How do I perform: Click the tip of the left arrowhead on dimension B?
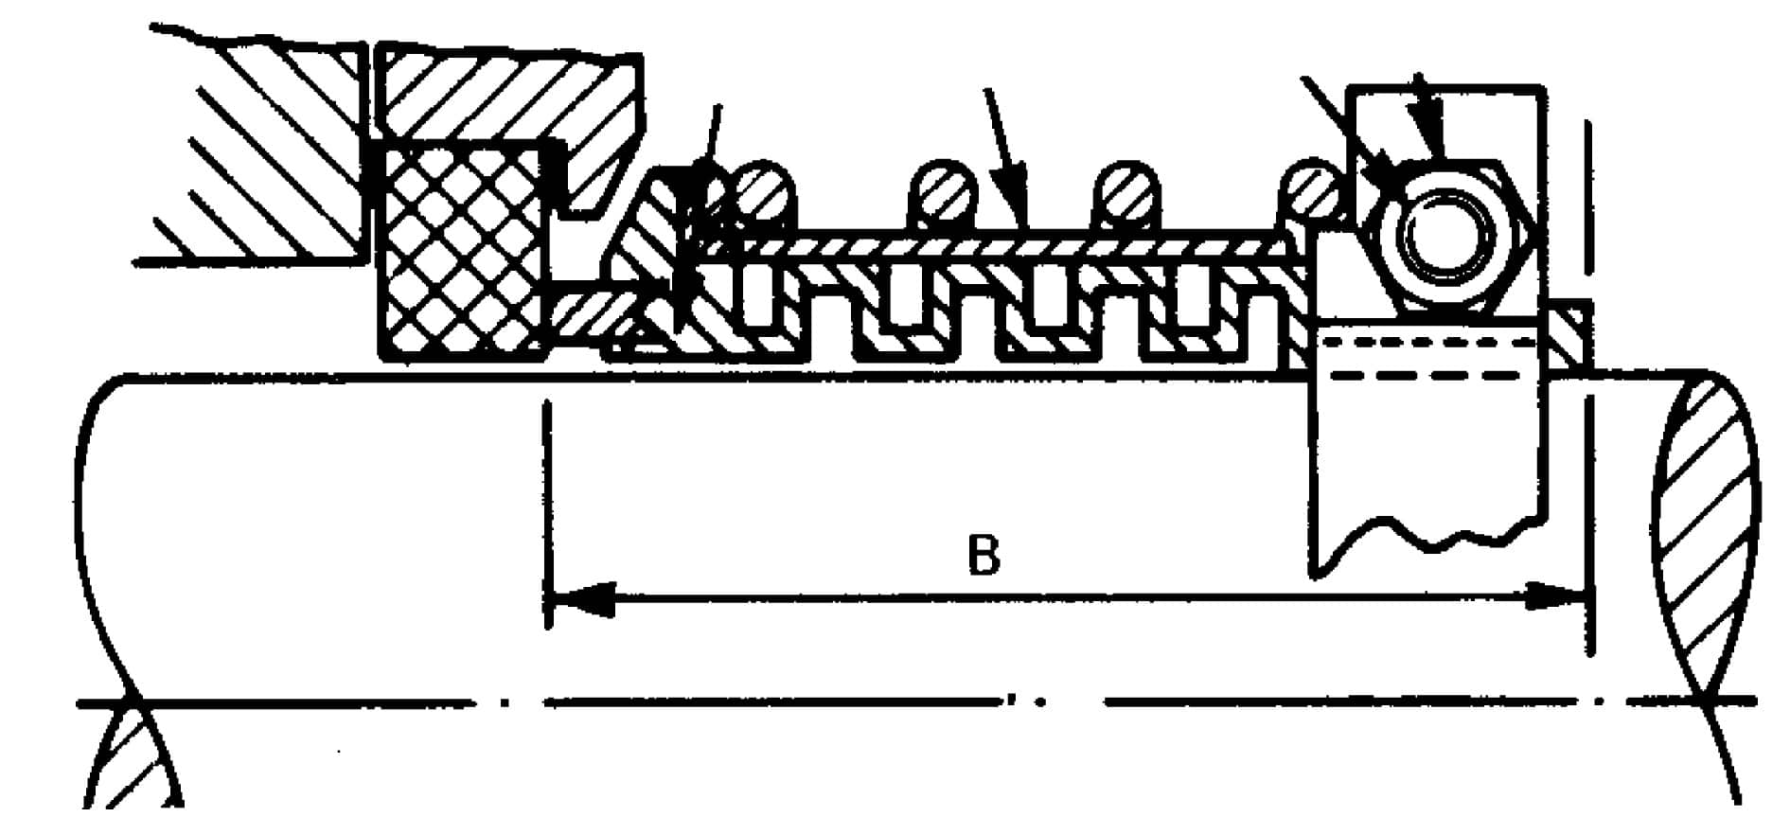[550, 598]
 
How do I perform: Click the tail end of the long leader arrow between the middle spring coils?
[987, 89]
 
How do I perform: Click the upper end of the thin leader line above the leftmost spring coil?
[718, 104]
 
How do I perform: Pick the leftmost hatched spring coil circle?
[763, 194]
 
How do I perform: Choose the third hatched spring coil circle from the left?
[1125, 195]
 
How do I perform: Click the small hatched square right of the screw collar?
[1568, 336]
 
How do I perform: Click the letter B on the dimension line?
[984, 557]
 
